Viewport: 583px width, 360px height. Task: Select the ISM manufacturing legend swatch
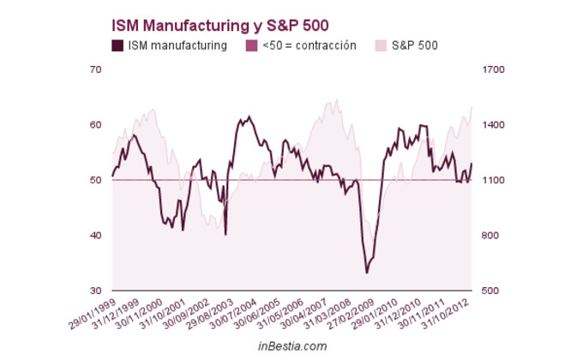117,45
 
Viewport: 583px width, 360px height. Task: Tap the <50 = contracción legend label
309,45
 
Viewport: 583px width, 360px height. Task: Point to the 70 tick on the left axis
96,69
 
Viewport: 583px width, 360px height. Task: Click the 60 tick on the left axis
96,125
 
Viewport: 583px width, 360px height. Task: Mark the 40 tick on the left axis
96,236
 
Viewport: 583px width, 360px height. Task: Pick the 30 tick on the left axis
96,291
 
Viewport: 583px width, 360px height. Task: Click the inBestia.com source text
292,345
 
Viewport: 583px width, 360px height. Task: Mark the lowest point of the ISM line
366,273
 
